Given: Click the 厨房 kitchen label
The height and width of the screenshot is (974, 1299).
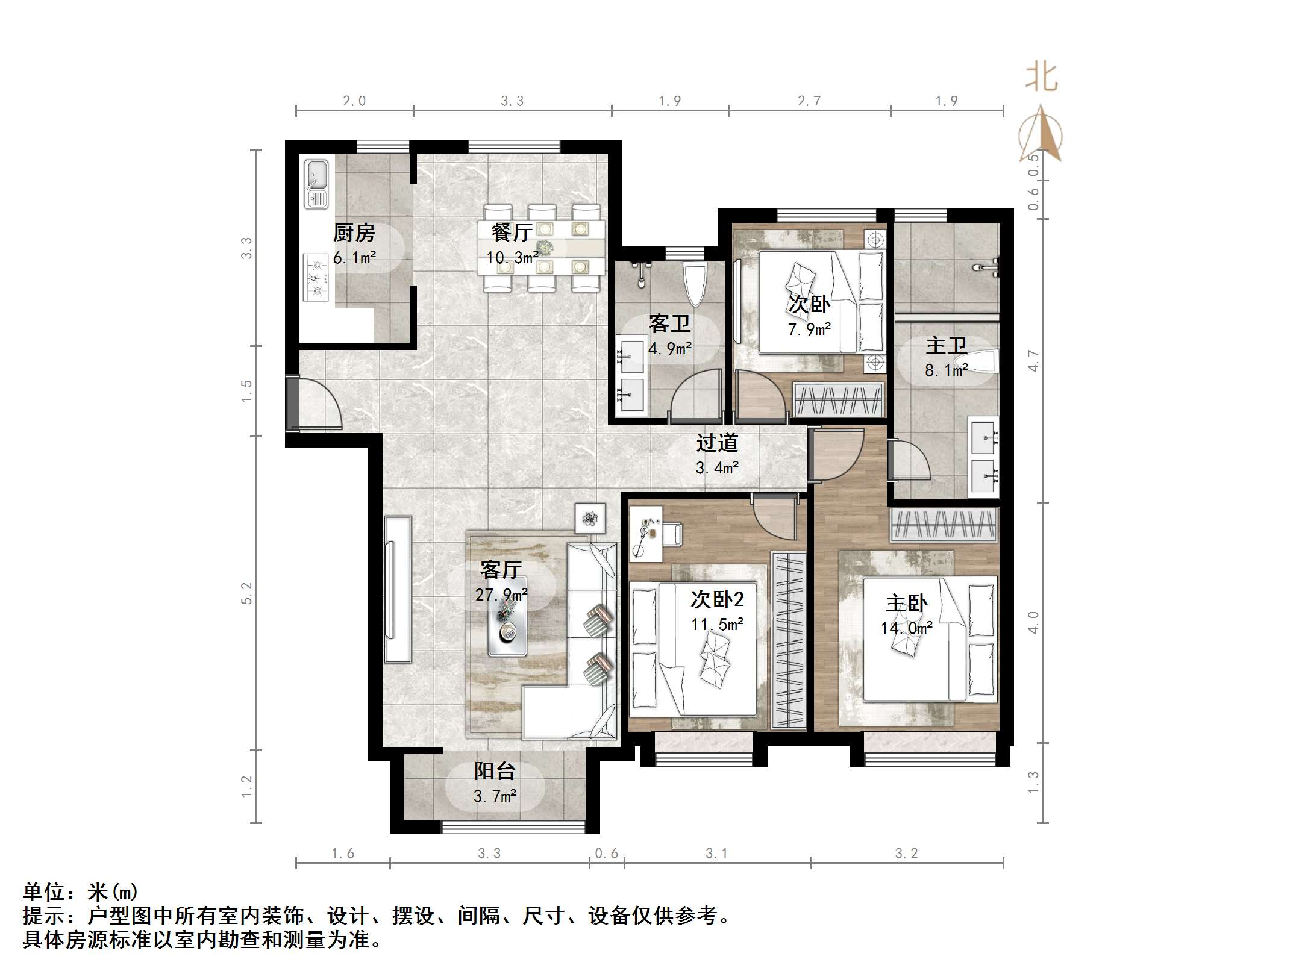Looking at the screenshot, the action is [354, 233].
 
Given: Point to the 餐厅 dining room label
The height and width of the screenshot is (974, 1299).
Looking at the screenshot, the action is [512, 232].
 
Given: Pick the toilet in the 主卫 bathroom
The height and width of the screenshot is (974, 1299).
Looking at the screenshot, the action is [983, 365].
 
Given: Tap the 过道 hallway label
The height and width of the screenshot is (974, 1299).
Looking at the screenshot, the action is [717, 443].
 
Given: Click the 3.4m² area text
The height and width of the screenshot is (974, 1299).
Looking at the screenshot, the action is [717, 467].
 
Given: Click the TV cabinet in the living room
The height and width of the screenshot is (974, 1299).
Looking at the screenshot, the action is [398, 589].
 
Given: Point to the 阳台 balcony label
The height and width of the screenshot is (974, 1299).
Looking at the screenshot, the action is [495, 771].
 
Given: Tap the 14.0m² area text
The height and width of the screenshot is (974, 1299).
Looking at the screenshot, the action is [907, 628].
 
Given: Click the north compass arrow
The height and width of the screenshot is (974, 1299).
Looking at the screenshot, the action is [1041, 133].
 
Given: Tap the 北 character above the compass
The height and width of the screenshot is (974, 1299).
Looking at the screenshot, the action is [1042, 78].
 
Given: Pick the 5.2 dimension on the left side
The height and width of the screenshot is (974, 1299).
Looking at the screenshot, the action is [246, 593].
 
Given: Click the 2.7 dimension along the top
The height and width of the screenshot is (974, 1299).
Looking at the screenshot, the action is [809, 101].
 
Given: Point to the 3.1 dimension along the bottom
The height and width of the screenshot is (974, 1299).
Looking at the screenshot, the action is [716, 853].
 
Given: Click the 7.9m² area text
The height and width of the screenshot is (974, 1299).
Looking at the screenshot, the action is [809, 329].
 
